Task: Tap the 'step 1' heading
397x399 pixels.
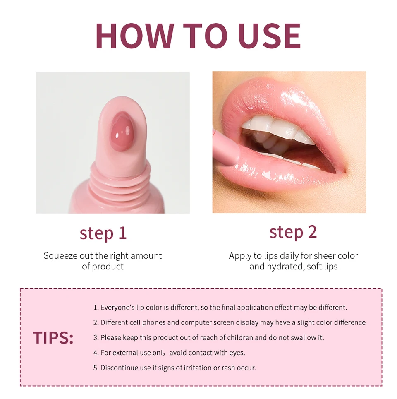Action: [103, 233]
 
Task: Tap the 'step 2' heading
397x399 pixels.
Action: [293, 232]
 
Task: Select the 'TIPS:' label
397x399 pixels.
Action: [53, 338]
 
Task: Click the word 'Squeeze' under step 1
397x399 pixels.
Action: [60, 256]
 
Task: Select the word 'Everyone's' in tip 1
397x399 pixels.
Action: [117, 308]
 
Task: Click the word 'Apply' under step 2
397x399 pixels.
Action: [240, 256]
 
